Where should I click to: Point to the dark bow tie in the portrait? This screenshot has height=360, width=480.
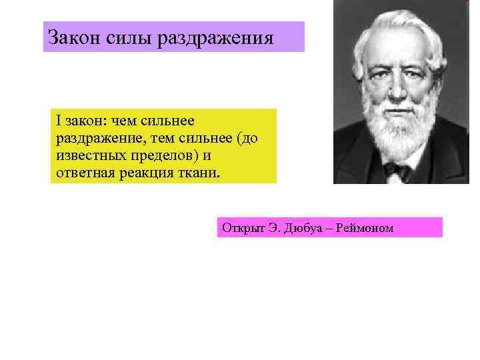pos(397,171)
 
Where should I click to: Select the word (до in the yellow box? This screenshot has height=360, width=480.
pos(247,138)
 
